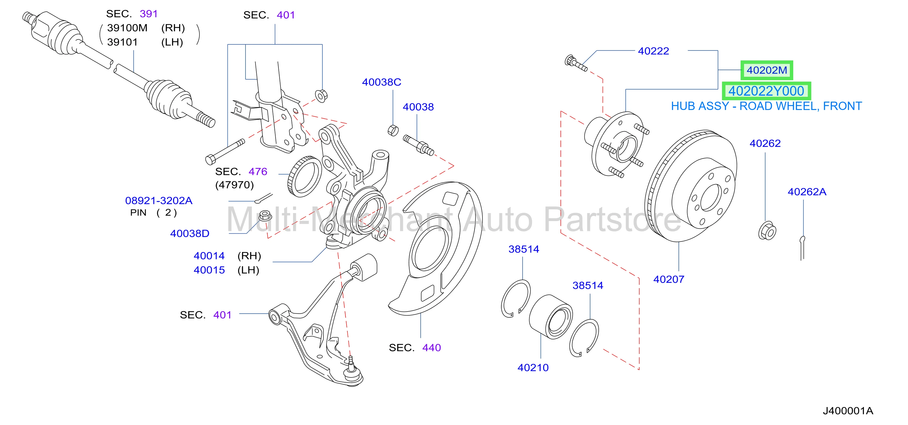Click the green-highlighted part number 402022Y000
(766, 91)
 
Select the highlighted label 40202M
(767, 70)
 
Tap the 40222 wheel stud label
(654, 51)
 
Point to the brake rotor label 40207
(669, 279)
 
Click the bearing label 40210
(533, 367)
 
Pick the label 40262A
(807, 192)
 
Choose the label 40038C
(382, 82)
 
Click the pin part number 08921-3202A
(159, 201)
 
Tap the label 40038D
(190, 233)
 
